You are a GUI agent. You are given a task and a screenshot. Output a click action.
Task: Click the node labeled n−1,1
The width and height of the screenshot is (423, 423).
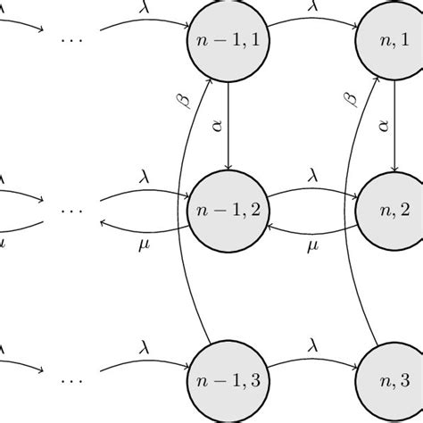coord(230,41)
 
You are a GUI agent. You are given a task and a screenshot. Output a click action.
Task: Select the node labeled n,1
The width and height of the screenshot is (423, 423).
coord(394,41)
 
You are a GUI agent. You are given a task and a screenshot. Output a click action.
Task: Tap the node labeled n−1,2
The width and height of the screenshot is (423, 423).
coord(230,210)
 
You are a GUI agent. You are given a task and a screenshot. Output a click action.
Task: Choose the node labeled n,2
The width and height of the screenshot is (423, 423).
coord(394,210)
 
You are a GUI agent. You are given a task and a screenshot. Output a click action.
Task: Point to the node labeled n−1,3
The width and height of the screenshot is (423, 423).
coord(230,379)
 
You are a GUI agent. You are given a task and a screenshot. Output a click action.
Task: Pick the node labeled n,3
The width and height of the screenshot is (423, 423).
coord(394,379)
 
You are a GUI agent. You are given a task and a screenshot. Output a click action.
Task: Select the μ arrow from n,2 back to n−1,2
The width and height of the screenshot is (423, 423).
coord(311,228)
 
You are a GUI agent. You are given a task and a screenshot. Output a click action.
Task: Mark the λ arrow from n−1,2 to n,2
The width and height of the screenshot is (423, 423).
coord(311,192)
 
